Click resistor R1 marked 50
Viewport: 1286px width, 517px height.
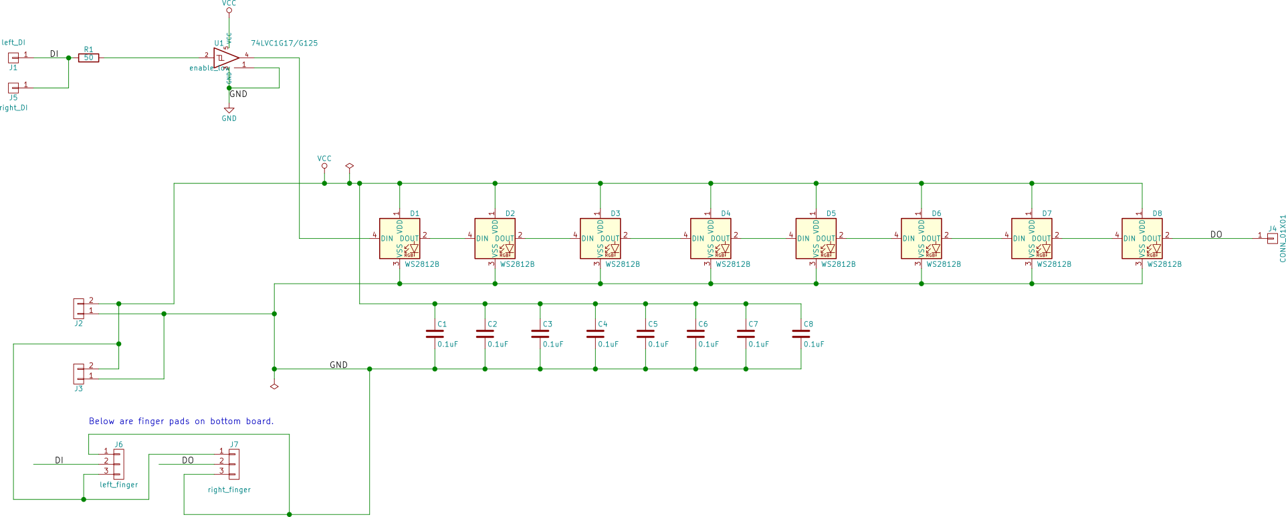(x=88, y=58)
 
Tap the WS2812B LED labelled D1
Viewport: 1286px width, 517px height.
(x=399, y=239)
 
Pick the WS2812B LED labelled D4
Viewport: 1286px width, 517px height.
(x=710, y=239)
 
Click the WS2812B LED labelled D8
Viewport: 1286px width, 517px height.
(x=1142, y=239)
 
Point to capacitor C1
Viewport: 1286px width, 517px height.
(x=435, y=334)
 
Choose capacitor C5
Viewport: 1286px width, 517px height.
(x=645, y=334)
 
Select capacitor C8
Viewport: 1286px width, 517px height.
(x=800, y=334)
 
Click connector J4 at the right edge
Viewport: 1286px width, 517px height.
(x=1271, y=237)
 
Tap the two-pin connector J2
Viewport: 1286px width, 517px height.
(x=80, y=308)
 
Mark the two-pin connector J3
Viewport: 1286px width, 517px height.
(x=80, y=373)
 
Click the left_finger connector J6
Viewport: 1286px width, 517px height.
(x=118, y=463)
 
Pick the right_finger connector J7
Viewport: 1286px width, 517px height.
(x=233, y=463)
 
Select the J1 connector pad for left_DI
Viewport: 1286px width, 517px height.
(x=13, y=58)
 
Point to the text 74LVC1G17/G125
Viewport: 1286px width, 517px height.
(x=284, y=43)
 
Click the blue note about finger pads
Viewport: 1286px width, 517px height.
(x=181, y=421)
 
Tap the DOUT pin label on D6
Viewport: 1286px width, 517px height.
(x=931, y=239)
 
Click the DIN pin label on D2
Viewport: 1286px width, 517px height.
(x=482, y=239)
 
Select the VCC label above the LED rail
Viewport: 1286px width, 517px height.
(x=324, y=159)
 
